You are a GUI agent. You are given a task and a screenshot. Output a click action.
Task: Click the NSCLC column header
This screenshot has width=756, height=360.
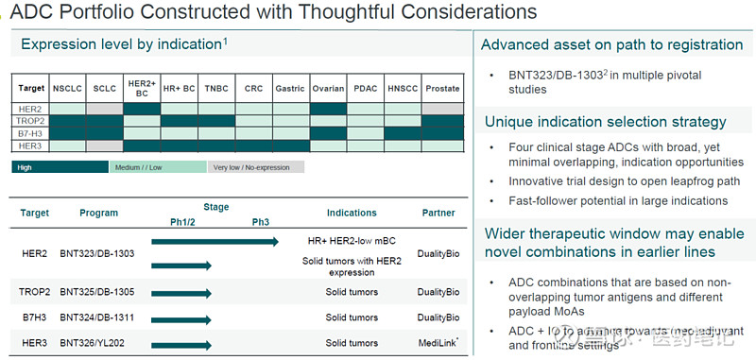click(67, 89)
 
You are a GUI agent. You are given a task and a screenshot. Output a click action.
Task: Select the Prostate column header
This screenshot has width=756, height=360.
click(442, 89)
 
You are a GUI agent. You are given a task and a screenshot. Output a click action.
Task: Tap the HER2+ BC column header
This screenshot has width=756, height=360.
click(142, 89)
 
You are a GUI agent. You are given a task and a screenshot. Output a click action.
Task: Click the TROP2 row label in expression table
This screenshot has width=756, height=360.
click(30, 121)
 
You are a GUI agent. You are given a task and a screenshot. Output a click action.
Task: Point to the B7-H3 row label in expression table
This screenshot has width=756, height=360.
click(30, 133)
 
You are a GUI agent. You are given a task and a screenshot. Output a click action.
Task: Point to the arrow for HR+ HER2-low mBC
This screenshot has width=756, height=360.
click(215, 242)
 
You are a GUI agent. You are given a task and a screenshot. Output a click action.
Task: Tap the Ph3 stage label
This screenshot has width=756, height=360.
click(261, 222)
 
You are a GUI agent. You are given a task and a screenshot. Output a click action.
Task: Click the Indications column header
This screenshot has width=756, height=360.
click(352, 214)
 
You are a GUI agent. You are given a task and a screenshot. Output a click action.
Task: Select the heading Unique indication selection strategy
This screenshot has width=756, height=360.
click(605, 122)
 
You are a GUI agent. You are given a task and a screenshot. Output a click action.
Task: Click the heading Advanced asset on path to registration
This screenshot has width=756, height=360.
click(611, 44)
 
